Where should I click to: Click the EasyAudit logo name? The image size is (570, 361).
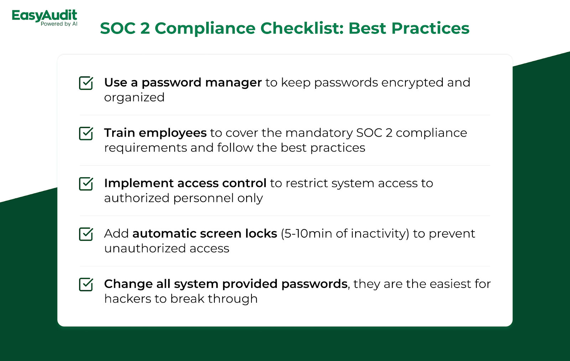44,15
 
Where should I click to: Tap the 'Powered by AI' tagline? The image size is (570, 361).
59,24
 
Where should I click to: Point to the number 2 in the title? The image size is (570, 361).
145,28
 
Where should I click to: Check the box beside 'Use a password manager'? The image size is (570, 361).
86,83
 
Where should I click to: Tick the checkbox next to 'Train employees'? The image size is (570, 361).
86,133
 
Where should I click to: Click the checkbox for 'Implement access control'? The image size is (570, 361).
86,184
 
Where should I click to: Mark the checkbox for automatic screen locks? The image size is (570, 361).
86,234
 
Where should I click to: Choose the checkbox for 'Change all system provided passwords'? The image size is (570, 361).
86,284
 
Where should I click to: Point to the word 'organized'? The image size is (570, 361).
134,98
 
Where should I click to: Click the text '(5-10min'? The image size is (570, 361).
306,234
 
